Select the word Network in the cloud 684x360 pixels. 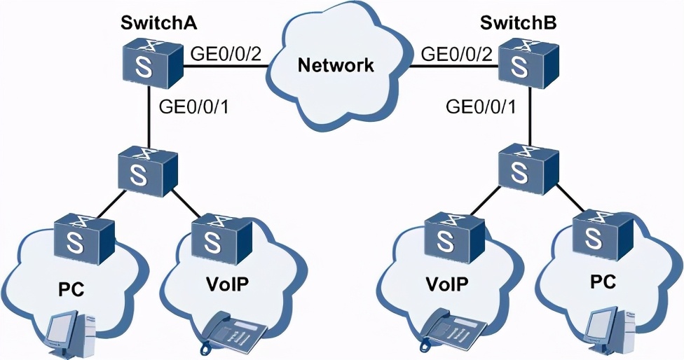pos(336,67)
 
